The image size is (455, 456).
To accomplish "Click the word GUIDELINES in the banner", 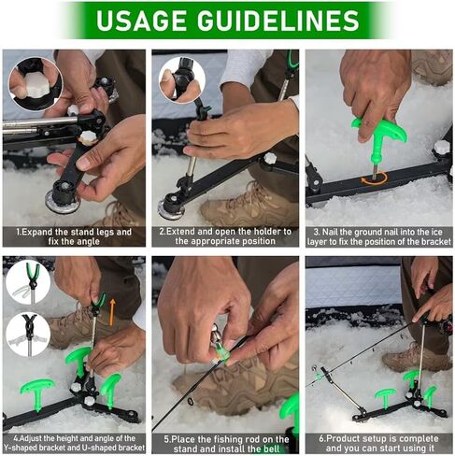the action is (278, 21).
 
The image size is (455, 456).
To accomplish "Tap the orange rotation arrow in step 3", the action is (374, 178).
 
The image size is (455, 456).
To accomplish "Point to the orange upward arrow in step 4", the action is (112, 312).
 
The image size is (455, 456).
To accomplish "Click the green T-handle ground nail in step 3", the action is (379, 138).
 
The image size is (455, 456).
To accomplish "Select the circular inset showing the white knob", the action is (36, 84).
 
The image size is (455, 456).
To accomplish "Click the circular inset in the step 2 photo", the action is (182, 79).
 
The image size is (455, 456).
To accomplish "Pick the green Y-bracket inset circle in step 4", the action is (28, 282).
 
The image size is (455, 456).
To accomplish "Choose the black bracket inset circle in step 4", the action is (28, 335).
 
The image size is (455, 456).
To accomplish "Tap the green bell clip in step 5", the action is (221, 352).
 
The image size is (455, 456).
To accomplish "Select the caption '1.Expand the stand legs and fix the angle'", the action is (74, 236).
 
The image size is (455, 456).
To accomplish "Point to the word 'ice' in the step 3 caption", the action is (436, 233).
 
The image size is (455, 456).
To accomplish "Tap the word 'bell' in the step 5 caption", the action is (274, 449).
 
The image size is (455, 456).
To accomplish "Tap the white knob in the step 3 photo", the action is (442, 147).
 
